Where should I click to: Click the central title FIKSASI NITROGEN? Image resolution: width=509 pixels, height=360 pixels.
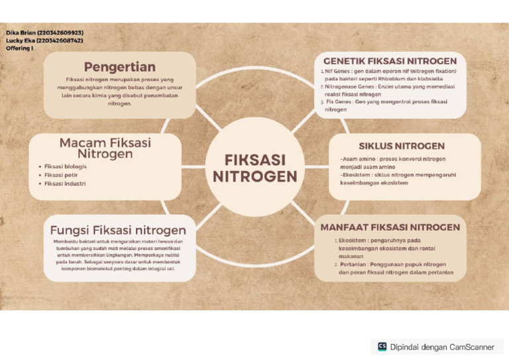254,168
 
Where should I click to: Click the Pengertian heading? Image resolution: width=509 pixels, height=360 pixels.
119,66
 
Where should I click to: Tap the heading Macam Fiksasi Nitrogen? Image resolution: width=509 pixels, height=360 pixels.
105,148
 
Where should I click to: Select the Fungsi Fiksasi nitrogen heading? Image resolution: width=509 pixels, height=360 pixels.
118,230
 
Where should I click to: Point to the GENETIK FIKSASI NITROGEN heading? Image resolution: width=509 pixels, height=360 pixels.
389,60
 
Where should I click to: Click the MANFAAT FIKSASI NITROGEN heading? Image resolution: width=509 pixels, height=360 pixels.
390,227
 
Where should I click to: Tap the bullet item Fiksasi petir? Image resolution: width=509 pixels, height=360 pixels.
59,174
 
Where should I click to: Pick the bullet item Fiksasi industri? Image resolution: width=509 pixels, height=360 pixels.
64,183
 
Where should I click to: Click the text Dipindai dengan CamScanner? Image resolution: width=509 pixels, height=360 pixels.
442,347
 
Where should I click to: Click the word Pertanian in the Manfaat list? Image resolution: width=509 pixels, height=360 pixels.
353,264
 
